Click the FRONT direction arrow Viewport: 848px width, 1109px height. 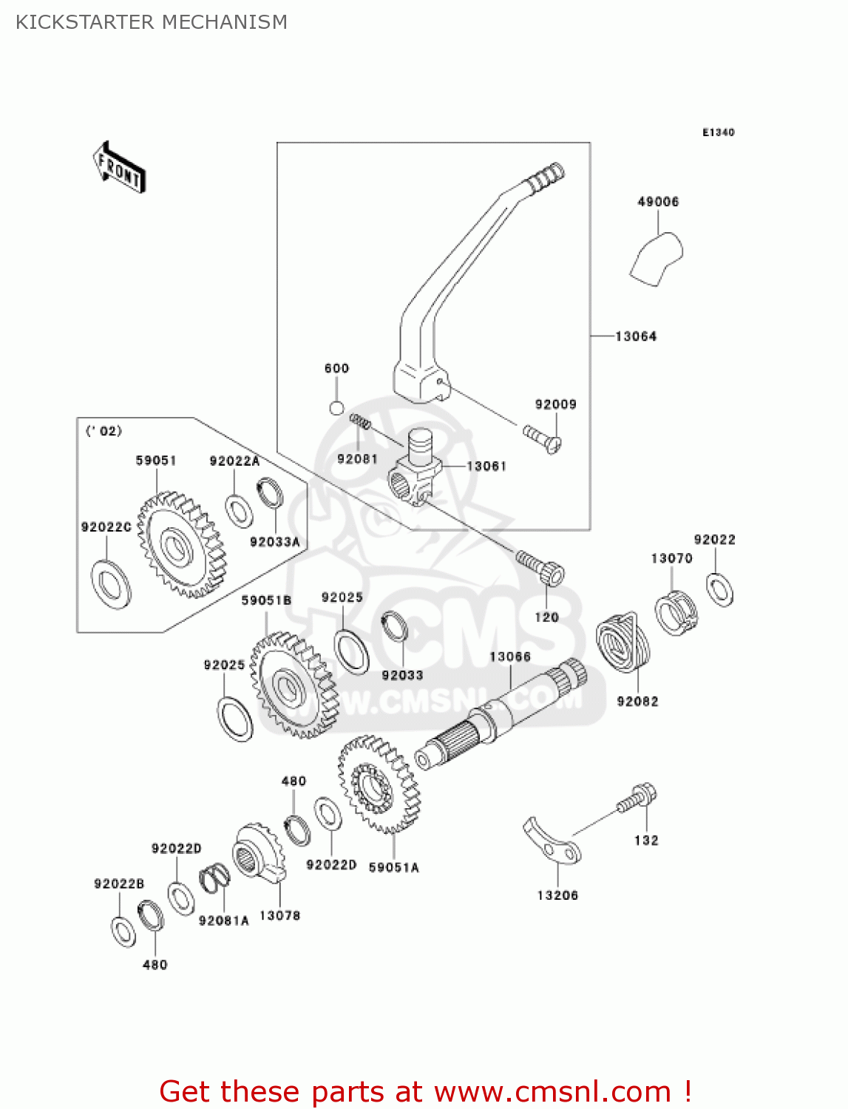pyautogui.click(x=119, y=168)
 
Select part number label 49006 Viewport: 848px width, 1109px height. pyautogui.click(x=658, y=202)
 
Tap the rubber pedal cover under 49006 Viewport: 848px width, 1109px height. pyautogui.click(x=657, y=259)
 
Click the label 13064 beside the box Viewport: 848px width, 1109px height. pyautogui.click(x=636, y=336)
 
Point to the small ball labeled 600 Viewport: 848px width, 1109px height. pyautogui.click(x=336, y=407)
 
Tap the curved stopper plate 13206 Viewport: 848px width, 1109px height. pyautogui.click(x=552, y=843)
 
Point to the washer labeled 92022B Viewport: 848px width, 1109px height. pyautogui.click(x=123, y=932)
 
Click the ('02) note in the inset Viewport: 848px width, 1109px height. pyautogui.click(x=104, y=431)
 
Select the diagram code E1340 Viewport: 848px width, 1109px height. pyautogui.click(x=718, y=132)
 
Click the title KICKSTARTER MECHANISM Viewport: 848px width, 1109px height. pyautogui.click(x=152, y=22)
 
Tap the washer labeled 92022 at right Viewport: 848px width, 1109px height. pyautogui.click(x=719, y=589)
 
